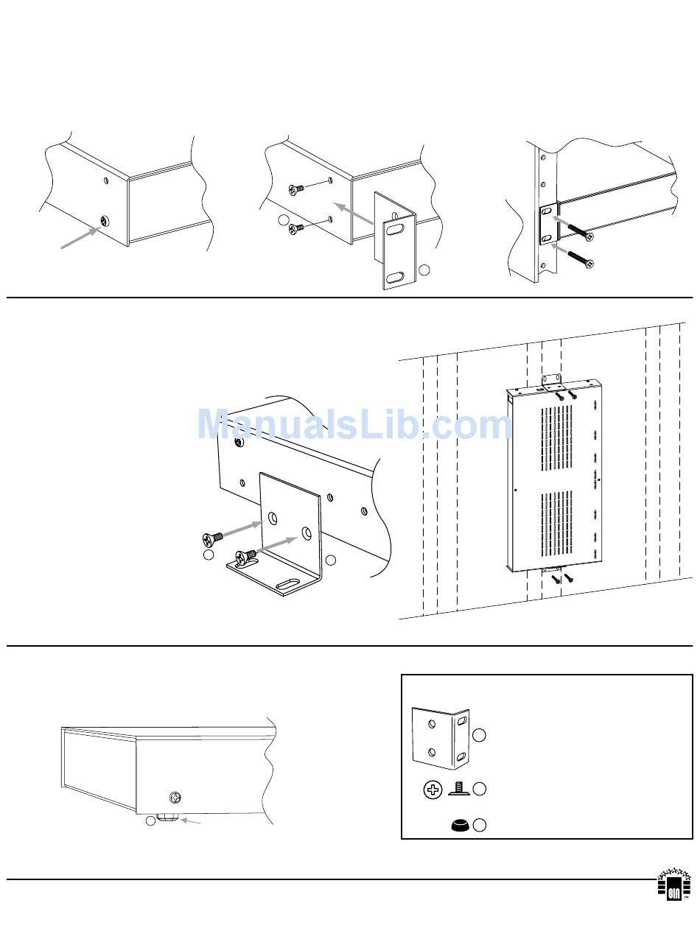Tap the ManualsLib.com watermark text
click(x=354, y=424)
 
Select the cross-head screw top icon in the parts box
click(x=433, y=789)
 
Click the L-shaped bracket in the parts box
click(x=441, y=739)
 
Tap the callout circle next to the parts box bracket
click(x=479, y=735)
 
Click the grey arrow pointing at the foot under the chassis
click(x=190, y=821)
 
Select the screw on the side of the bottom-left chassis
click(x=175, y=798)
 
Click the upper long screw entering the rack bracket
click(x=580, y=231)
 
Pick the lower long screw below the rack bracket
click(x=581, y=259)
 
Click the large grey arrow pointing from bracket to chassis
click(x=354, y=213)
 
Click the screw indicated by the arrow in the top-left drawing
click(x=105, y=221)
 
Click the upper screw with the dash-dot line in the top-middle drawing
click(x=296, y=190)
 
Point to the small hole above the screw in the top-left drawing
click(x=106, y=181)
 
